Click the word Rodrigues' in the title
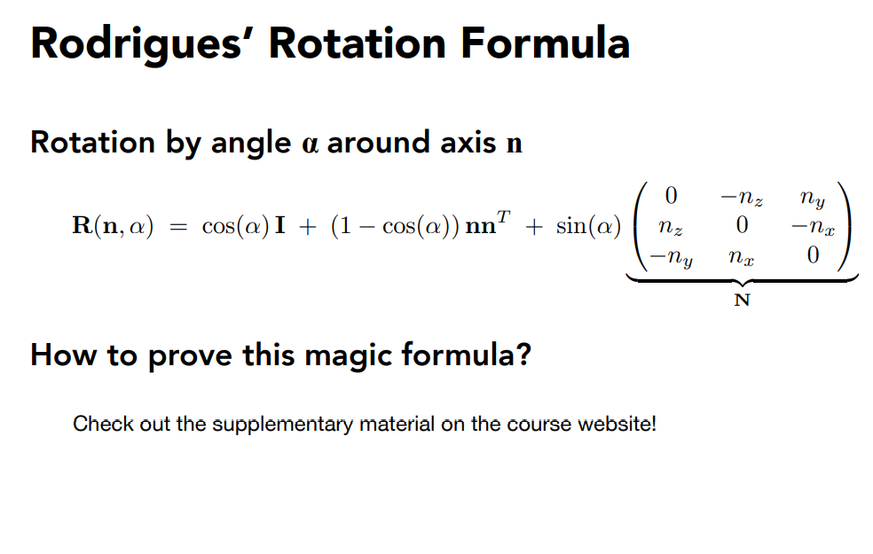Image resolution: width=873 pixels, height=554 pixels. tap(137, 44)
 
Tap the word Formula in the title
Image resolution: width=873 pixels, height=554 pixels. tap(545, 43)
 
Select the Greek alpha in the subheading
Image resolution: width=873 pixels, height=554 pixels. tap(310, 144)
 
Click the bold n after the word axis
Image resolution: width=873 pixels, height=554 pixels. tap(515, 144)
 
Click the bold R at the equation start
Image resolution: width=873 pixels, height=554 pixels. tap(83, 225)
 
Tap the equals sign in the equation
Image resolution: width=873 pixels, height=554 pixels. tap(178, 226)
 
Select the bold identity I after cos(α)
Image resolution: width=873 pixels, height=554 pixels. tap(280, 225)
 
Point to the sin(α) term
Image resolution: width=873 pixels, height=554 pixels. tap(588, 226)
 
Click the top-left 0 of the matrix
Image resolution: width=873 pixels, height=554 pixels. tap(671, 195)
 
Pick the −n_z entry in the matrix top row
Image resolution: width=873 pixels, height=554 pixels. tap(742, 198)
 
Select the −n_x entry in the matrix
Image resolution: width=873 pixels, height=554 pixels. tap(813, 227)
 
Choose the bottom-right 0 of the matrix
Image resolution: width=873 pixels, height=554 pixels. tap(813, 254)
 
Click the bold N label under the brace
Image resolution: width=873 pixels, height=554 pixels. tap(743, 300)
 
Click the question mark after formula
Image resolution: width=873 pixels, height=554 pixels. tap(523, 354)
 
